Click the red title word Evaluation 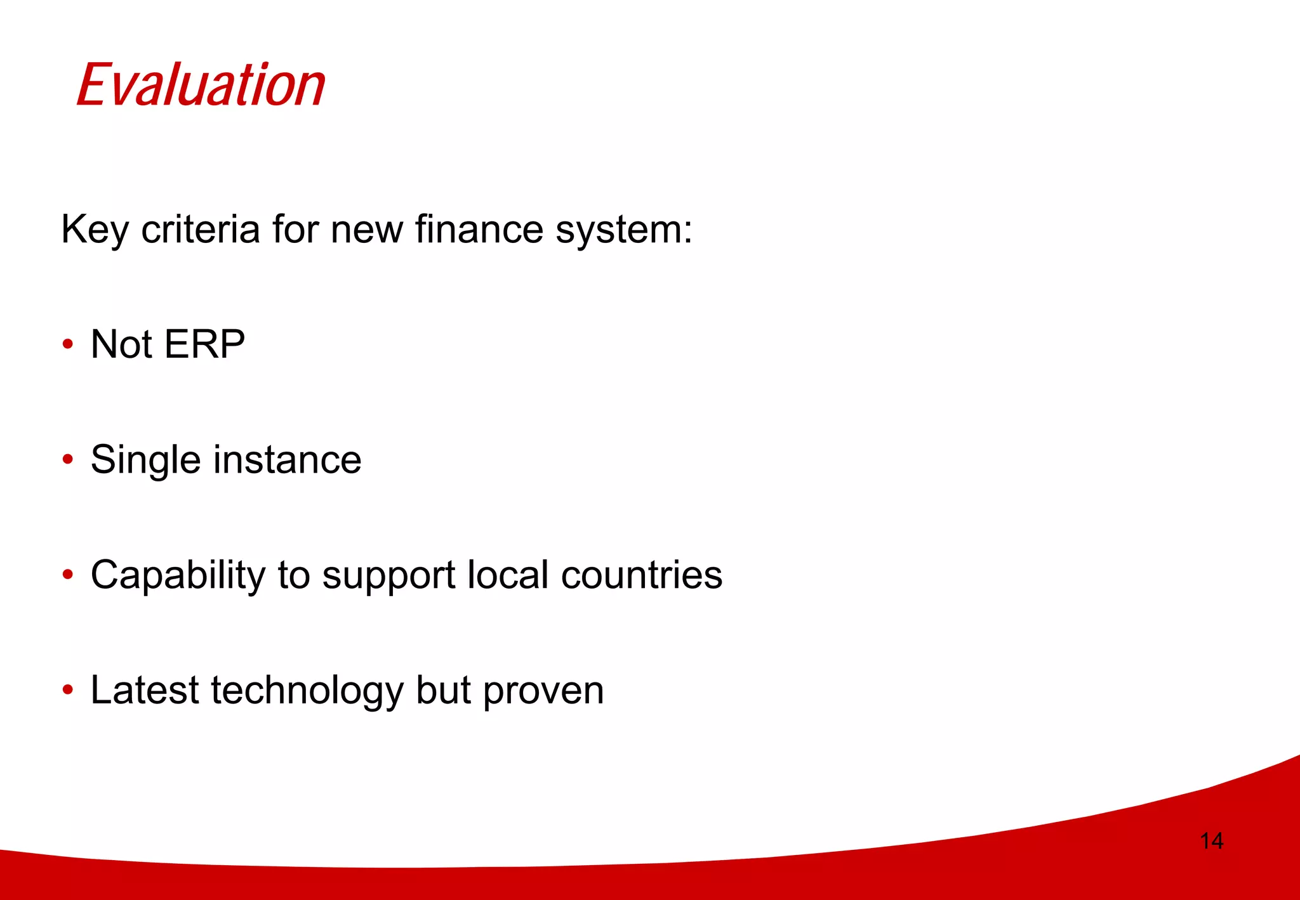201,85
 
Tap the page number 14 1211,841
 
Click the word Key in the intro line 94,230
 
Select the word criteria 200,230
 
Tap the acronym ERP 204,344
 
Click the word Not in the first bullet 121,344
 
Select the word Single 146,460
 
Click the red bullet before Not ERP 68,345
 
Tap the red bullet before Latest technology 68,690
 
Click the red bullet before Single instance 68,460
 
